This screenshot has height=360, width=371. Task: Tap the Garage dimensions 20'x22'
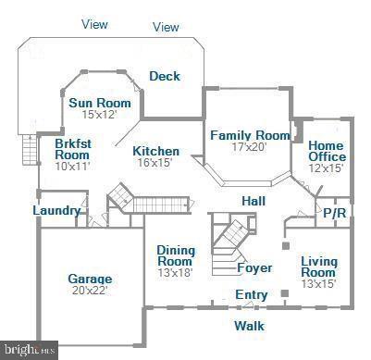90,291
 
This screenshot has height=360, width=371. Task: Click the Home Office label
327,151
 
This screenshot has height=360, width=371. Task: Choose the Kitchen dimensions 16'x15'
155,163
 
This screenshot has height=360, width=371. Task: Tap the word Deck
165,76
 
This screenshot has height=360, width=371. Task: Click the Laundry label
56,210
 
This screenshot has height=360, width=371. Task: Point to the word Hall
254,201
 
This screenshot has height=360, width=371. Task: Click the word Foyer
254,268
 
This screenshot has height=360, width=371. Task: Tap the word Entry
251,295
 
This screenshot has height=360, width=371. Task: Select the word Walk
248,325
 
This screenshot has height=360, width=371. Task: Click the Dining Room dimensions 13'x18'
174,273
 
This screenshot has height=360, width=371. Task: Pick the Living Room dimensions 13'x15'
318,283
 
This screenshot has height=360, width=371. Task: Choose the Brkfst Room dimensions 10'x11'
72,167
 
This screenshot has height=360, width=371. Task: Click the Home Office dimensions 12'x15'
327,168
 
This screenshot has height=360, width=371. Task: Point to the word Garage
90,279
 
